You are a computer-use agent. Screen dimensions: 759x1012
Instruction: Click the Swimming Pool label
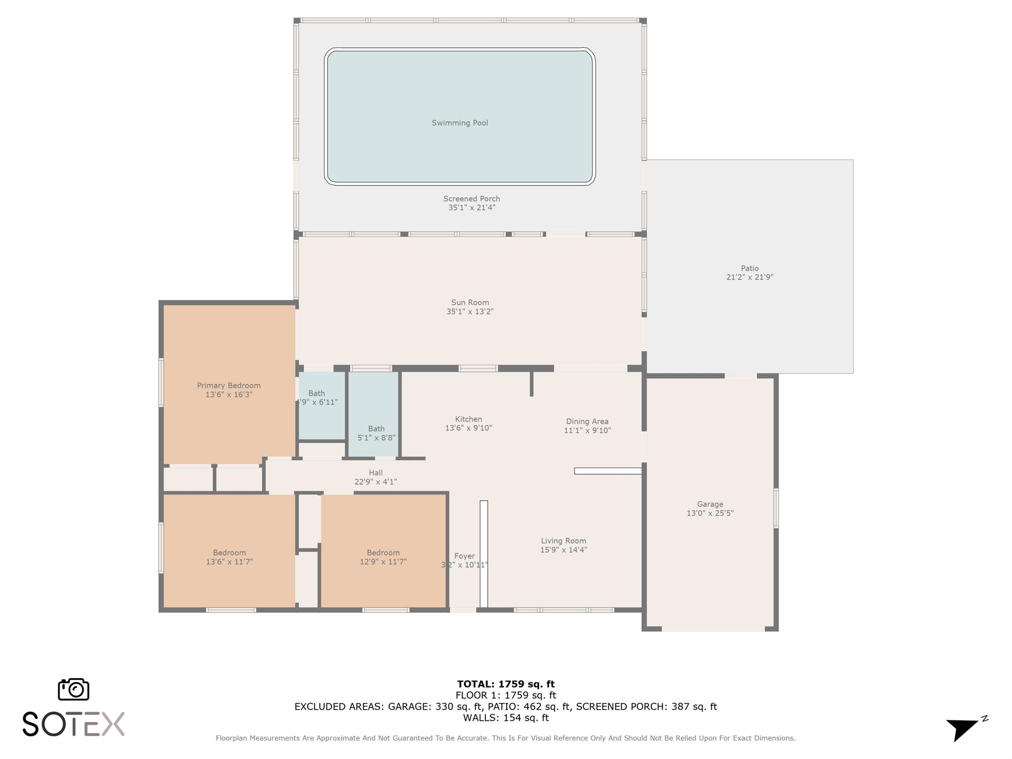coord(460,123)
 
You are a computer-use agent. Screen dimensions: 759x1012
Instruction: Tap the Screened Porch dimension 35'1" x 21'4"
coord(471,208)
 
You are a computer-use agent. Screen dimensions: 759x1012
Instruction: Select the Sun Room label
coord(470,302)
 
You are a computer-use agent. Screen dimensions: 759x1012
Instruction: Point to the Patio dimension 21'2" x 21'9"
coord(749,278)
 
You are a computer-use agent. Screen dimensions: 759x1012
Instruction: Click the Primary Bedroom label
coord(228,385)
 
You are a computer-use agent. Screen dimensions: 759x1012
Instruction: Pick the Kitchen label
coord(468,419)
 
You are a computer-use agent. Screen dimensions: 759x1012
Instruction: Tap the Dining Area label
coord(587,422)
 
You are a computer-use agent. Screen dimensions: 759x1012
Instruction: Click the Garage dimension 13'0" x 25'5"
coord(710,513)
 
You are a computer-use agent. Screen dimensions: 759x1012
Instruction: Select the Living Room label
coord(563,541)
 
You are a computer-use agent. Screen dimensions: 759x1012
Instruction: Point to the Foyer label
coord(464,556)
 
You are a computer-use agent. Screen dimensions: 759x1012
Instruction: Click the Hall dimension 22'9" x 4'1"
coord(376,482)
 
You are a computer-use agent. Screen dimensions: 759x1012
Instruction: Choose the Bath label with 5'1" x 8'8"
coord(376,429)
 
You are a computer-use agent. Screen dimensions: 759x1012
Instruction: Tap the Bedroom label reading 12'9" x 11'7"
coord(383,553)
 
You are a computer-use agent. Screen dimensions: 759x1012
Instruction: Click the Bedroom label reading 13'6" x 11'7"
coord(229,553)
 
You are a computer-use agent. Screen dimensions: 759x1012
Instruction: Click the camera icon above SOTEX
coord(74,689)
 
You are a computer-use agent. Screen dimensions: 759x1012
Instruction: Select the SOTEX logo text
coord(73,724)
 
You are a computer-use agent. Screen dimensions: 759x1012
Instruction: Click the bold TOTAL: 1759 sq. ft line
coord(506,684)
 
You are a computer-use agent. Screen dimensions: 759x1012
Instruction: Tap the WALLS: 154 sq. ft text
coord(506,718)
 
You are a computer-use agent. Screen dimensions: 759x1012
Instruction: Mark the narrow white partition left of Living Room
coord(484,554)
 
